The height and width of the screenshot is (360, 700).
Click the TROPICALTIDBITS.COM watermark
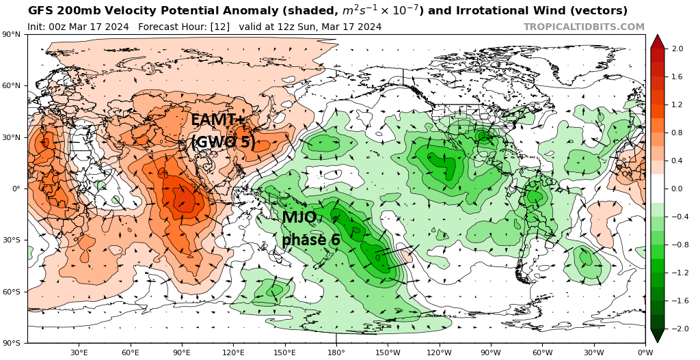pyautogui.click(x=584, y=27)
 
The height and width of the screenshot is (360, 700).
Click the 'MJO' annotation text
pyautogui.click(x=299, y=218)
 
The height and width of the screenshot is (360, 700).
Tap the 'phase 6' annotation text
pyautogui.click(x=311, y=240)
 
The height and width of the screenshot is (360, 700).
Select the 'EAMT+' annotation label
pyautogui.click(x=218, y=120)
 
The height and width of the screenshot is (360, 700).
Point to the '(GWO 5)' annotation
pyautogui.click(x=223, y=143)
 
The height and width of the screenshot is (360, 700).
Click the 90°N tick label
pyautogui.click(x=13, y=34)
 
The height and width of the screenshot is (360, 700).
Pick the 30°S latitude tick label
pyautogui.click(x=13, y=240)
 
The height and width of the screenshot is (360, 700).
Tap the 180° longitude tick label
pyautogui.click(x=336, y=352)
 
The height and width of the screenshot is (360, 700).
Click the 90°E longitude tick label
pyautogui.click(x=182, y=352)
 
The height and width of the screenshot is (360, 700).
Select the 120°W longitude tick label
pyautogui.click(x=440, y=352)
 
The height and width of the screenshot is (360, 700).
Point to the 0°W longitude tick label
pyautogui.click(x=645, y=352)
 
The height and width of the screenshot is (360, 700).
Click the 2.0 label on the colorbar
pyautogui.click(x=678, y=49)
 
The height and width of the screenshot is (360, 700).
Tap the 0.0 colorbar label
pyautogui.click(x=678, y=189)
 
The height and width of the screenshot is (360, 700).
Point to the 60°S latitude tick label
pyautogui.click(x=13, y=292)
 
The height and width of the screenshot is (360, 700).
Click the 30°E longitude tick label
pyautogui.click(x=79, y=352)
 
